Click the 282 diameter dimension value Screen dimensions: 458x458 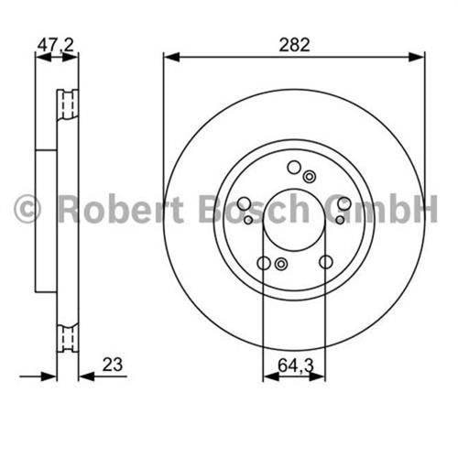(295, 43)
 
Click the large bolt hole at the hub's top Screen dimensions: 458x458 (294, 168)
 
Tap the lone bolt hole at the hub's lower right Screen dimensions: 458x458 (325, 264)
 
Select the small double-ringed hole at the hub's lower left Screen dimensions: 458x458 (280, 265)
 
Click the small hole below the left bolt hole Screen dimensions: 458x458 (249, 219)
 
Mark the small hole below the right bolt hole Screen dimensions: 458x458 (340, 219)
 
